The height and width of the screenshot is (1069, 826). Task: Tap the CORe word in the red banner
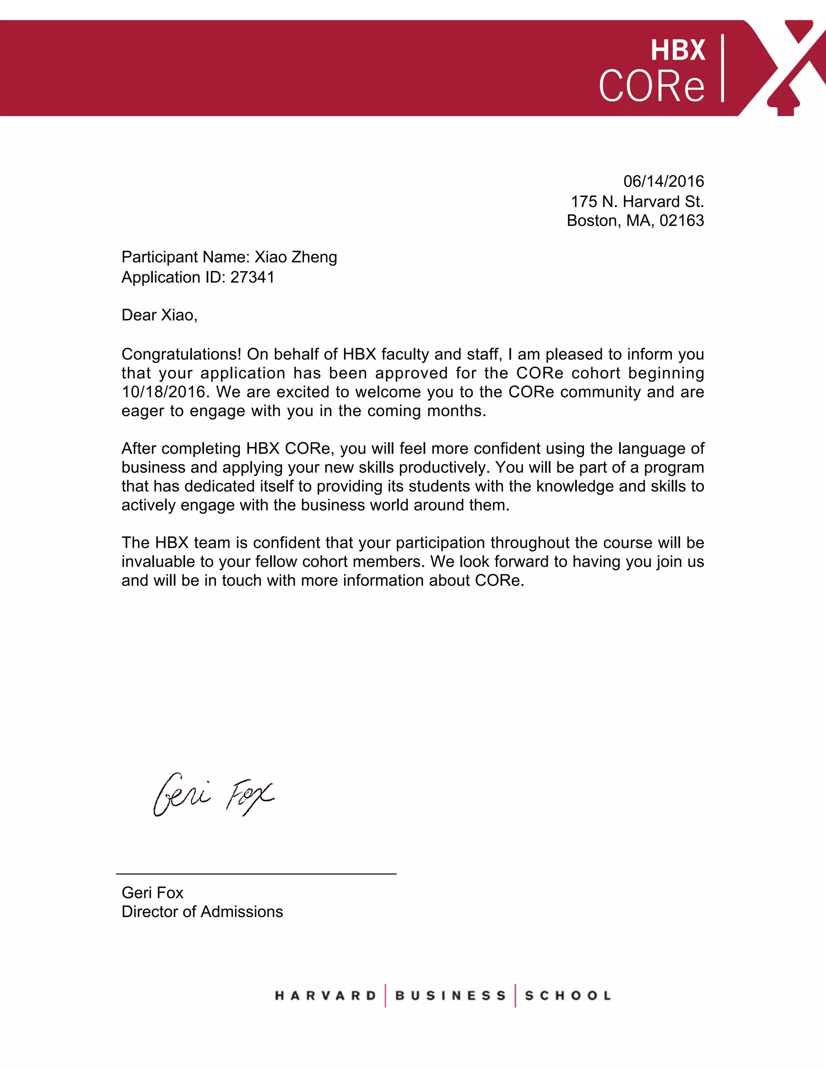click(x=651, y=86)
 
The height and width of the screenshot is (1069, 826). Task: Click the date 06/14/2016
click(x=663, y=182)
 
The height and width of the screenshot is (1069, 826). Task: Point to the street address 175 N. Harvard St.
click(x=637, y=201)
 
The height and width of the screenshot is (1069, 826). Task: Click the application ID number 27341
click(x=252, y=277)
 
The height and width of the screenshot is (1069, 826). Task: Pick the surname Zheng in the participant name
click(x=314, y=257)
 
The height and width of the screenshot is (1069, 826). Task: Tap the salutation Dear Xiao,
click(x=159, y=315)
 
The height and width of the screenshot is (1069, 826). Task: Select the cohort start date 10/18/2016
click(x=163, y=392)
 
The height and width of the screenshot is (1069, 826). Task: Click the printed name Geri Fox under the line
click(x=152, y=893)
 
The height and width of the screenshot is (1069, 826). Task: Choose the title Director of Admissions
click(x=202, y=912)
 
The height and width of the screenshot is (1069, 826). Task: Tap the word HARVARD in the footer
click(x=325, y=996)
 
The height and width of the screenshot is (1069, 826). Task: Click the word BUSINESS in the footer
click(x=450, y=996)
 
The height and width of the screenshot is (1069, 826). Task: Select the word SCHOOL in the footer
click(x=567, y=996)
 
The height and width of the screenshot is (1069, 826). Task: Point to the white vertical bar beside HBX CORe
click(x=722, y=68)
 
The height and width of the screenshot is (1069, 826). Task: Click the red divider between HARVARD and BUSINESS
click(x=386, y=996)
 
